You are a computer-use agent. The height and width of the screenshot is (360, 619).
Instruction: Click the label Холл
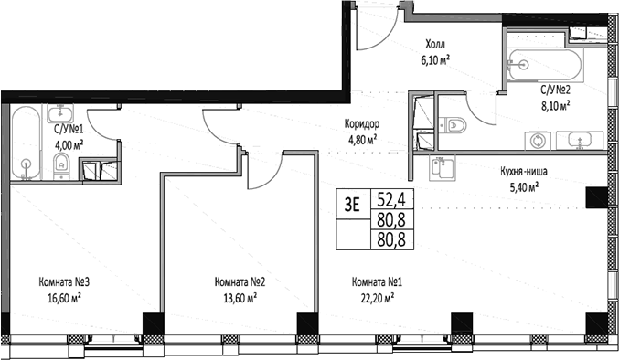(436, 43)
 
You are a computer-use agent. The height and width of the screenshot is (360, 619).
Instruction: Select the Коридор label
(363, 125)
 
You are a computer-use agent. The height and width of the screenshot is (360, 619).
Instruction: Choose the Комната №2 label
(240, 282)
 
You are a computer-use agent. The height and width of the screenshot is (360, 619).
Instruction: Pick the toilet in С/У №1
(60, 165)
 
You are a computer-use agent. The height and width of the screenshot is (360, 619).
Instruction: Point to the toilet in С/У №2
(454, 125)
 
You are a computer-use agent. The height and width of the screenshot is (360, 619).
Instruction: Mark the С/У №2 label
(554, 90)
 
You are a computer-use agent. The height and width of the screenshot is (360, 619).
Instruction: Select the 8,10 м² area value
(554, 105)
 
